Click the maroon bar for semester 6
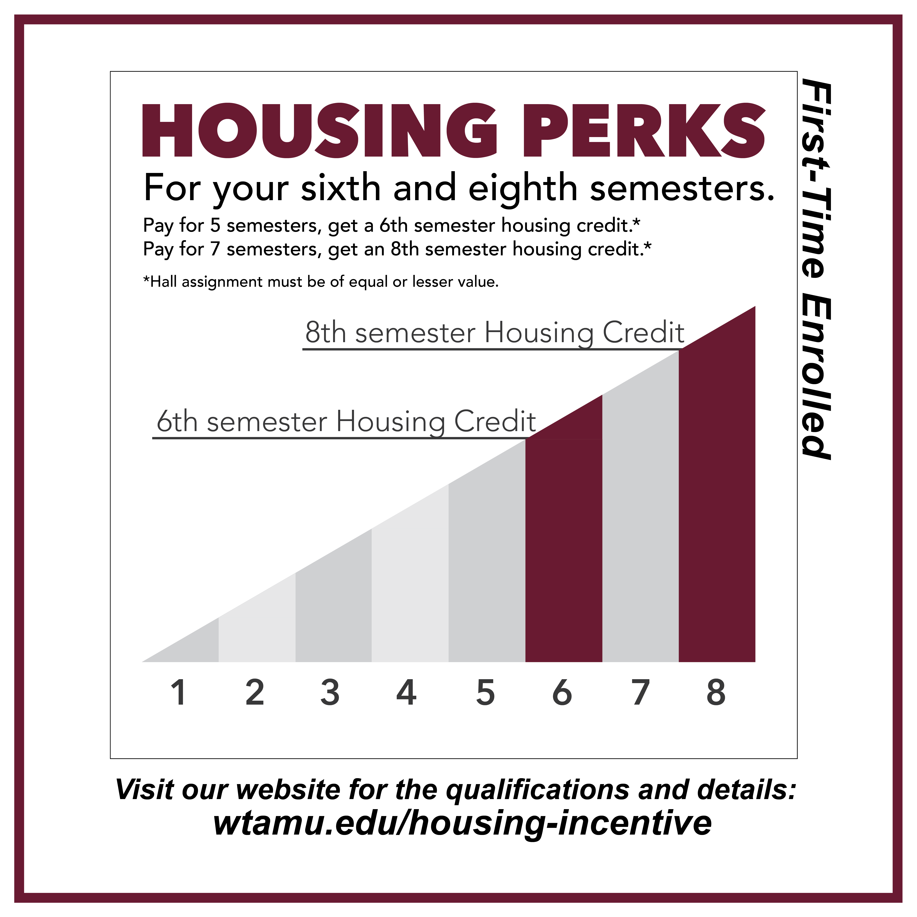coord(564,546)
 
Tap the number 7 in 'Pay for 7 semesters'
coord(215,249)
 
